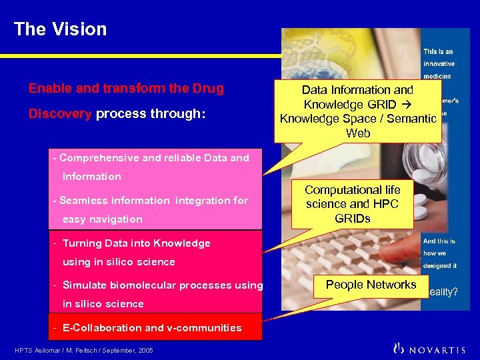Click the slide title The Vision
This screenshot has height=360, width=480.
60,29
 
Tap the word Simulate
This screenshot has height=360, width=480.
84,285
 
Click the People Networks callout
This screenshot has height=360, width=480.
371,285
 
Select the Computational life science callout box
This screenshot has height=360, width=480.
352,205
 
